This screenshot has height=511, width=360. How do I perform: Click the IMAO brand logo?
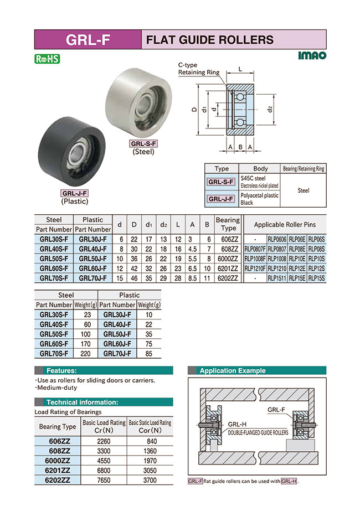click(312, 55)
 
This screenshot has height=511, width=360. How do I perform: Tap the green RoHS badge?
click(47, 59)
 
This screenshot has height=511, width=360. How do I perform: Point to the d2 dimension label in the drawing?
click(270, 109)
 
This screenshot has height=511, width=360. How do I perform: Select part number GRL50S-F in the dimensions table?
click(54, 259)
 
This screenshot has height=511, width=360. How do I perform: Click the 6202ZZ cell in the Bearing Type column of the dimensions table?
click(227, 278)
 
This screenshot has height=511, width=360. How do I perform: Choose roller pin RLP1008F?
click(255, 259)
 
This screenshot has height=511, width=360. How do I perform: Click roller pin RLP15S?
click(316, 278)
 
